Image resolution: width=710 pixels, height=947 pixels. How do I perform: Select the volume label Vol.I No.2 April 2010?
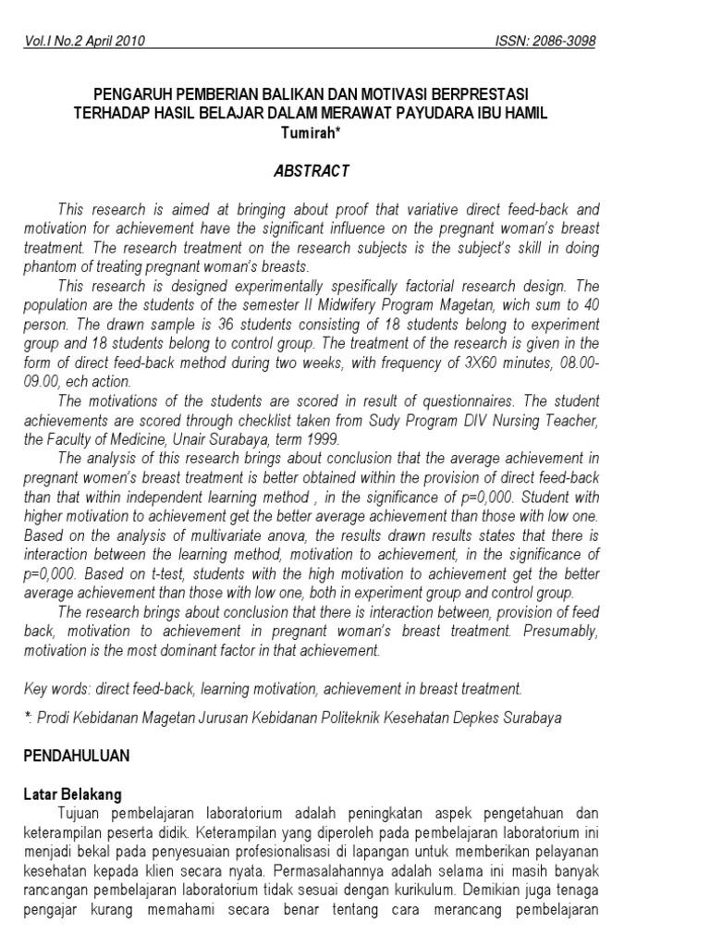[x=83, y=42]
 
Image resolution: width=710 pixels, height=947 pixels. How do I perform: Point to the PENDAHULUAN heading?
[x=77, y=755]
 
